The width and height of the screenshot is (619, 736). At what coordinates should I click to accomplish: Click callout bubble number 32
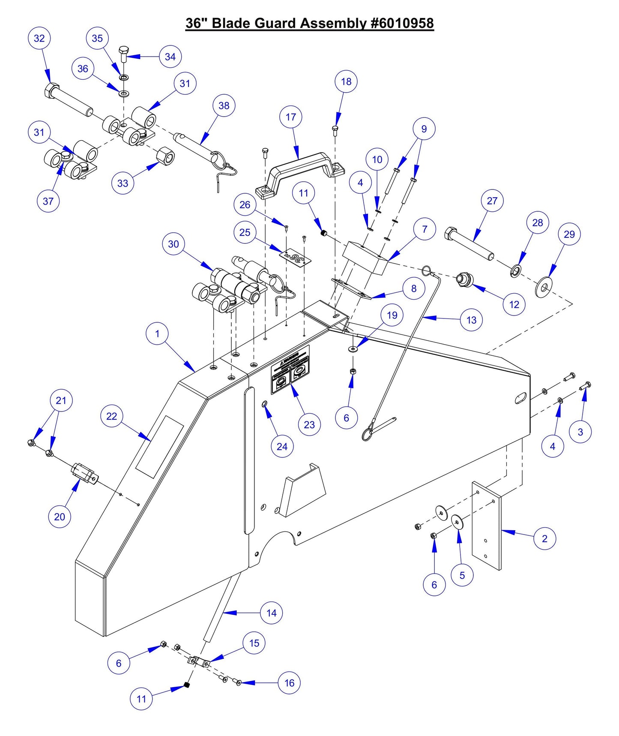[39, 38]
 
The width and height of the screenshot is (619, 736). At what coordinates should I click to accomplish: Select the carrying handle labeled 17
[300, 165]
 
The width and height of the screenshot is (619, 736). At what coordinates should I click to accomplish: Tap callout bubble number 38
[224, 105]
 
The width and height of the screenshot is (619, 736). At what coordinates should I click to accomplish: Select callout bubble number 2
[544, 538]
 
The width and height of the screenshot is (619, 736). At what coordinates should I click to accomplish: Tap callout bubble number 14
[272, 613]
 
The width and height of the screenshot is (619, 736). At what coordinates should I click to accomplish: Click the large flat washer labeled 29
[544, 287]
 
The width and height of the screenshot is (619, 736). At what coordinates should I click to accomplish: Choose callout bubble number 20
[60, 517]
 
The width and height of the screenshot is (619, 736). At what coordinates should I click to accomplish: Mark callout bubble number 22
[112, 416]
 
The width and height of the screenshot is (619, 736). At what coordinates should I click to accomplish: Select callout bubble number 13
[472, 320]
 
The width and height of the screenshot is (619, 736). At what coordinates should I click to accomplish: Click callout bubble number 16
[289, 683]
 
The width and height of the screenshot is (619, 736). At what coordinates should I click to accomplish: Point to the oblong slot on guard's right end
[521, 398]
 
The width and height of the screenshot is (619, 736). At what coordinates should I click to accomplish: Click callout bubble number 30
[173, 244]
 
